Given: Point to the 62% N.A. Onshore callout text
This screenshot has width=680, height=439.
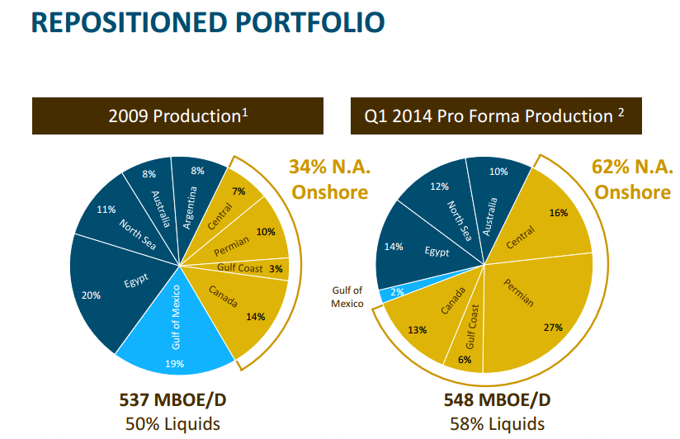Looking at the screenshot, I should pos(632,179).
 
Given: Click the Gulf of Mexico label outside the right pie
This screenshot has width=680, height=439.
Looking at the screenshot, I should pos(347,298).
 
